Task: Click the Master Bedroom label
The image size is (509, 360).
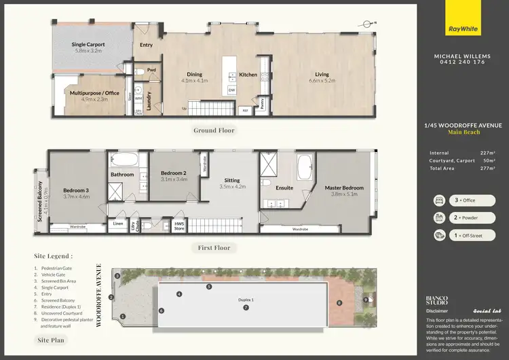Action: [344, 191]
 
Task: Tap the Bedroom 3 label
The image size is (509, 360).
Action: [76, 194]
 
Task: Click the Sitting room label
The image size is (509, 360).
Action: [232, 183]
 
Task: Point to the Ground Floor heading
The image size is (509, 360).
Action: [214, 130]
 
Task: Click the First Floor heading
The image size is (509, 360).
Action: [214, 248]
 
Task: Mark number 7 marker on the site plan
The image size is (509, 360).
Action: [246, 308]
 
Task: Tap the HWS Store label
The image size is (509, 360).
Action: [179, 226]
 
